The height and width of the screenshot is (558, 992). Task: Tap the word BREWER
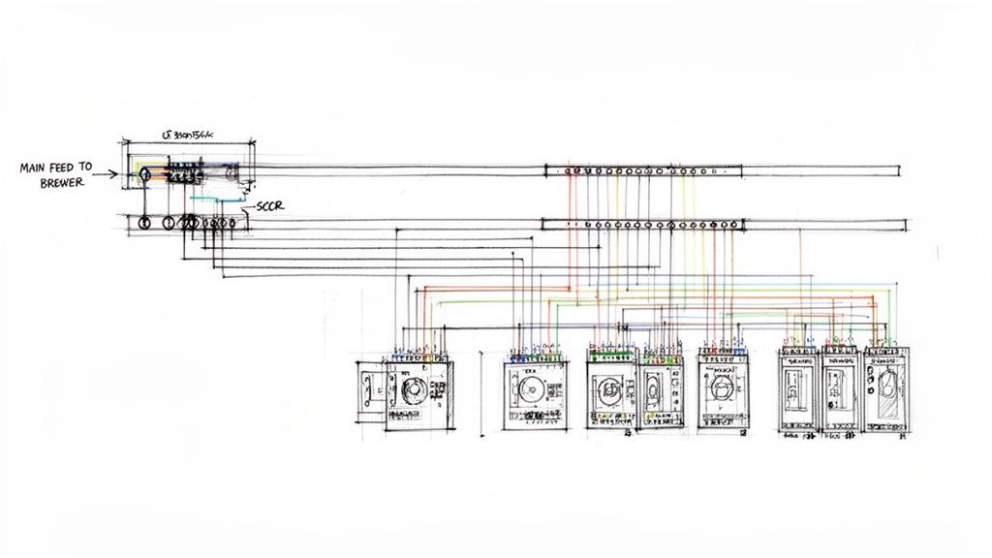63,182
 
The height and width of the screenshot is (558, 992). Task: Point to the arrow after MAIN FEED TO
109,175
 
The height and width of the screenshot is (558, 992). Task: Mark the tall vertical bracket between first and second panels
481,392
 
